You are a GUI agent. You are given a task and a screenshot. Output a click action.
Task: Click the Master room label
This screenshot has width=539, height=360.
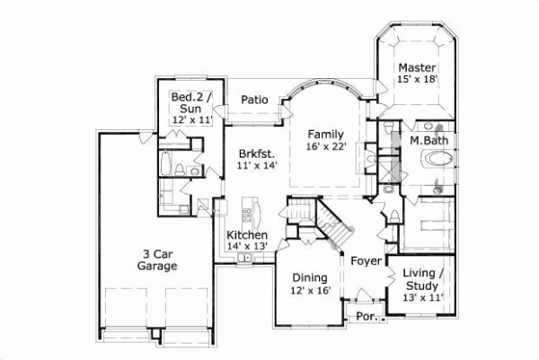click(418, 67)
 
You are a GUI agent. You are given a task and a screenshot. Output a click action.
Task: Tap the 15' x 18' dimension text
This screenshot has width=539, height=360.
click(418, 80)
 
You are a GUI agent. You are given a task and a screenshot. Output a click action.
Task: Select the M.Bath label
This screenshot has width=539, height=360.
click(429, 140)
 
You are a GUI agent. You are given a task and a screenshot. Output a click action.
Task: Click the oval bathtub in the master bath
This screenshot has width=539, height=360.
click(439, 162)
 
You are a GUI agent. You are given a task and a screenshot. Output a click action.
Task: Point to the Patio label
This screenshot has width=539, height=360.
click(254, 100)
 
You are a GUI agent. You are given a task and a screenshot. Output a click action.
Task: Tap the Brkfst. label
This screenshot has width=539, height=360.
click(258, 153)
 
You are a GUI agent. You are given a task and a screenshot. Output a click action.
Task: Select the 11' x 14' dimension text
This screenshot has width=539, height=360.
click(258, 165)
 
